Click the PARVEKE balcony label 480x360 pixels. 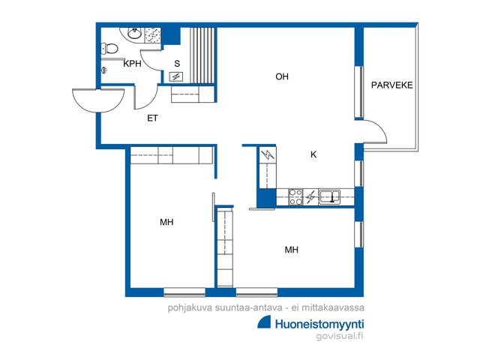point(391,85)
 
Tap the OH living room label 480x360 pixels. point(282,76)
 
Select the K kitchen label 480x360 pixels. point(313,154)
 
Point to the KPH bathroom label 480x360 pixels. point(132,64)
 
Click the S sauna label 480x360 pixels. point(177,64)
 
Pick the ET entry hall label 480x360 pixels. point(152,118)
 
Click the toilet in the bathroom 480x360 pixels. point(109,48)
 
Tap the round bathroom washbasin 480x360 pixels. point(134,33)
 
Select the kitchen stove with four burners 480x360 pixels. point(295,196)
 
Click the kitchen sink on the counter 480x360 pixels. point(329,196)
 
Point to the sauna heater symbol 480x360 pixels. point(176,76)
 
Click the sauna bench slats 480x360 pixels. point(202,55)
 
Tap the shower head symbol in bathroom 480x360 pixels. point(104,70)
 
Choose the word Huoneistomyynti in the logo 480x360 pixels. point(319,325)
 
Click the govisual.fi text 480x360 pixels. point(340,336)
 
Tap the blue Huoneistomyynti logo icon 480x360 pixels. point(265,323)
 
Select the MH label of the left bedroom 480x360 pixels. point(166,222)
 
